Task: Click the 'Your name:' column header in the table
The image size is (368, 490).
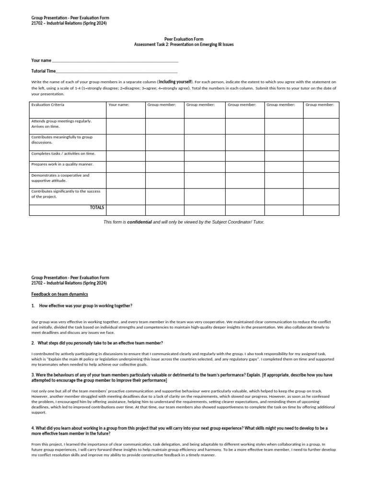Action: coord(119,104)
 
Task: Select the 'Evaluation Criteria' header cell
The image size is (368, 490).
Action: coord(47,104)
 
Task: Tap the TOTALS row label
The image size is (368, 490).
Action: coord(97,208)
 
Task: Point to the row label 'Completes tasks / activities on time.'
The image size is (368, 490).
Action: coord(63,154)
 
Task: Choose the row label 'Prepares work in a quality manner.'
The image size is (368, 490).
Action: coord(62,164)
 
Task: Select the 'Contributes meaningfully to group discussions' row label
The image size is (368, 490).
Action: coord(61,140)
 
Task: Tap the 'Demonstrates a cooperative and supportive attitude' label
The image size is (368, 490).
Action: coord(60,178)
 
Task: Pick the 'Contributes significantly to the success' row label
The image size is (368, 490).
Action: coord(65,194)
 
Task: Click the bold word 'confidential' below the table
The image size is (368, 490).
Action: coord(139,222)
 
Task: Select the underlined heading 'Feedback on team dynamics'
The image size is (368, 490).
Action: coord(59,294)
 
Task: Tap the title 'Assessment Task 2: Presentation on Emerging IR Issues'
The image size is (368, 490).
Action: coord(184,45)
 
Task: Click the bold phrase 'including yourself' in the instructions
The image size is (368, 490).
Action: coord(175,82)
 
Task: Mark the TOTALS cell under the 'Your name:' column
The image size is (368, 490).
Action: coord(126,210)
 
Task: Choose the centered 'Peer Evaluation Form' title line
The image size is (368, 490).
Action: coord(184,39)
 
